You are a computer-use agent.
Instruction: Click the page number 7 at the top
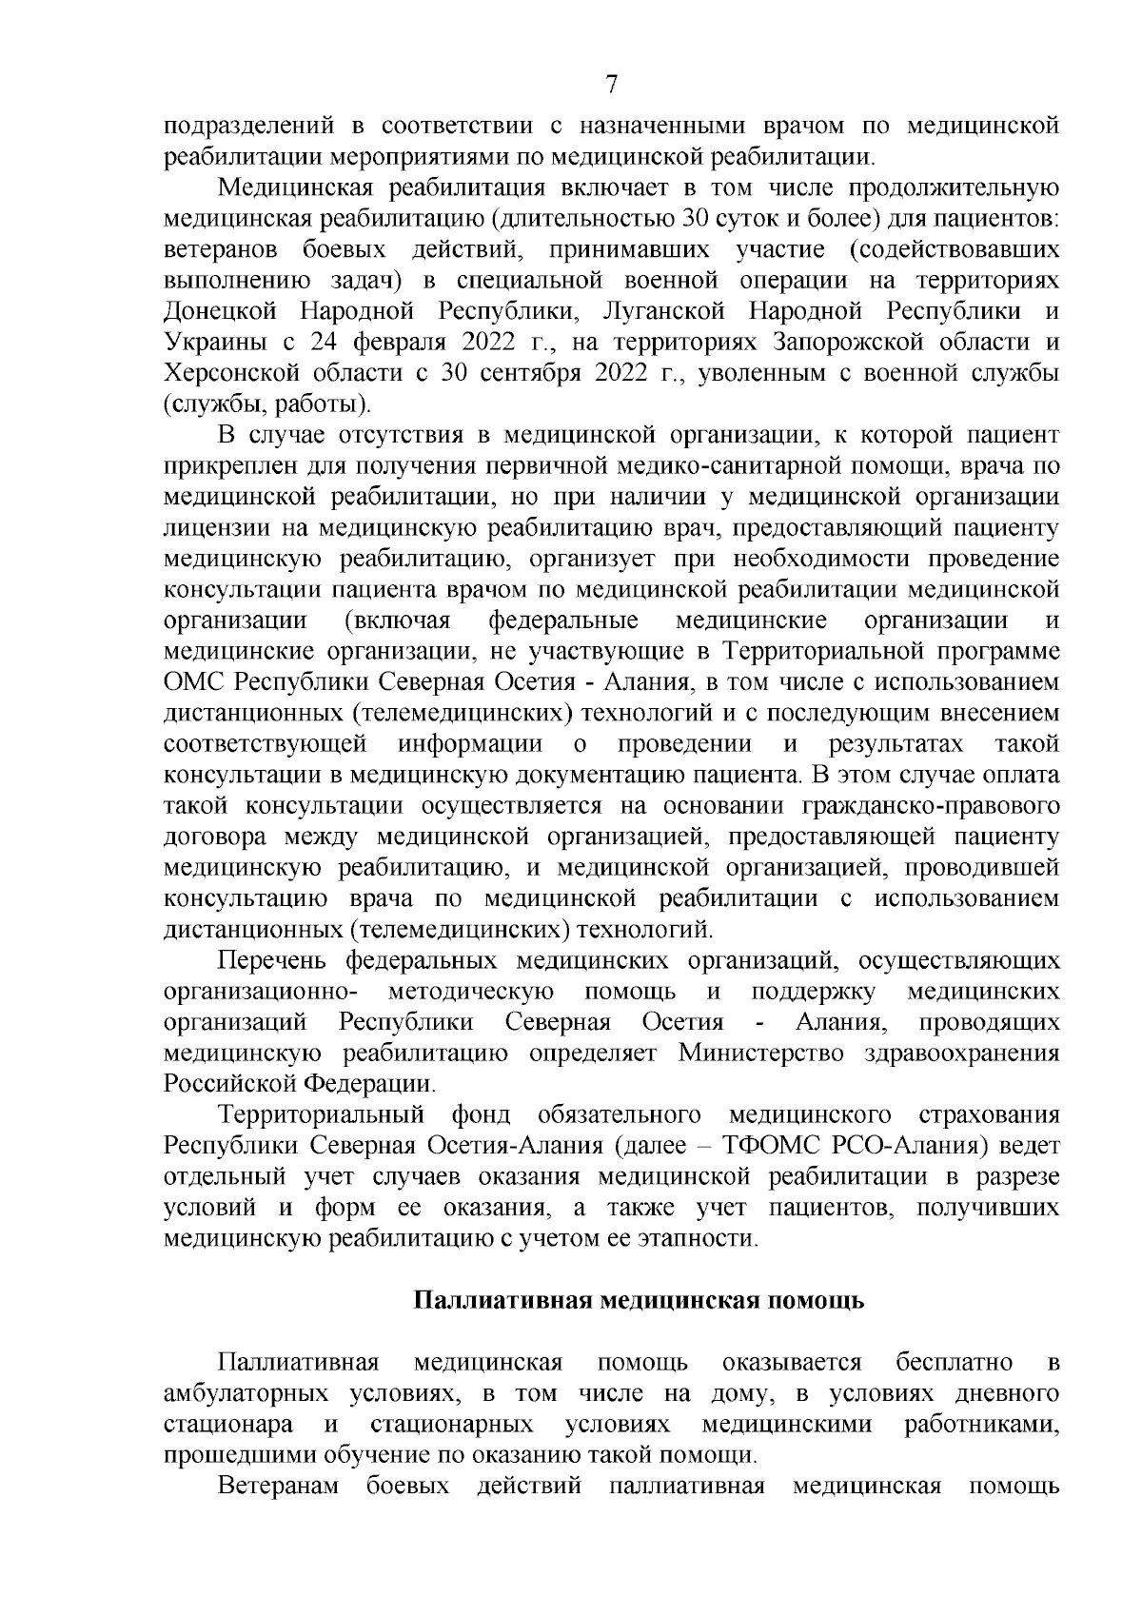(x=611, y=84)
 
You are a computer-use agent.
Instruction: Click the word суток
(x=737, y=219)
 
